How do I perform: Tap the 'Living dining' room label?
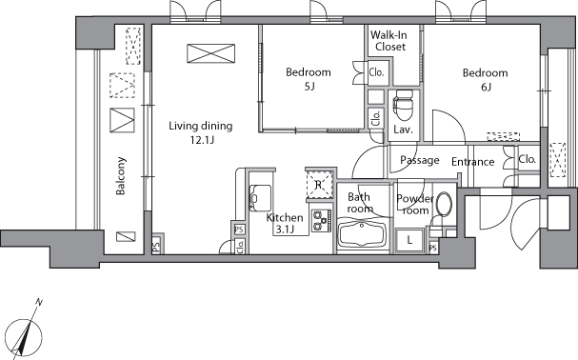pos(201,126)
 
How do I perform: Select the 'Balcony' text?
pos(122,176)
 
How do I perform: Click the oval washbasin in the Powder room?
pos(441,204)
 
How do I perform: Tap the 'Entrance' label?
pos(472,162)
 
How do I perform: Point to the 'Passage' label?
pos(419,160)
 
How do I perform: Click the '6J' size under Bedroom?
pos(485,88)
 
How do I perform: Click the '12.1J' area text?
pos(201,140)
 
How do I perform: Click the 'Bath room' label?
pos(360,202)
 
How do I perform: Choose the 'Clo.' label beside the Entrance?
pos(526,159)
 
